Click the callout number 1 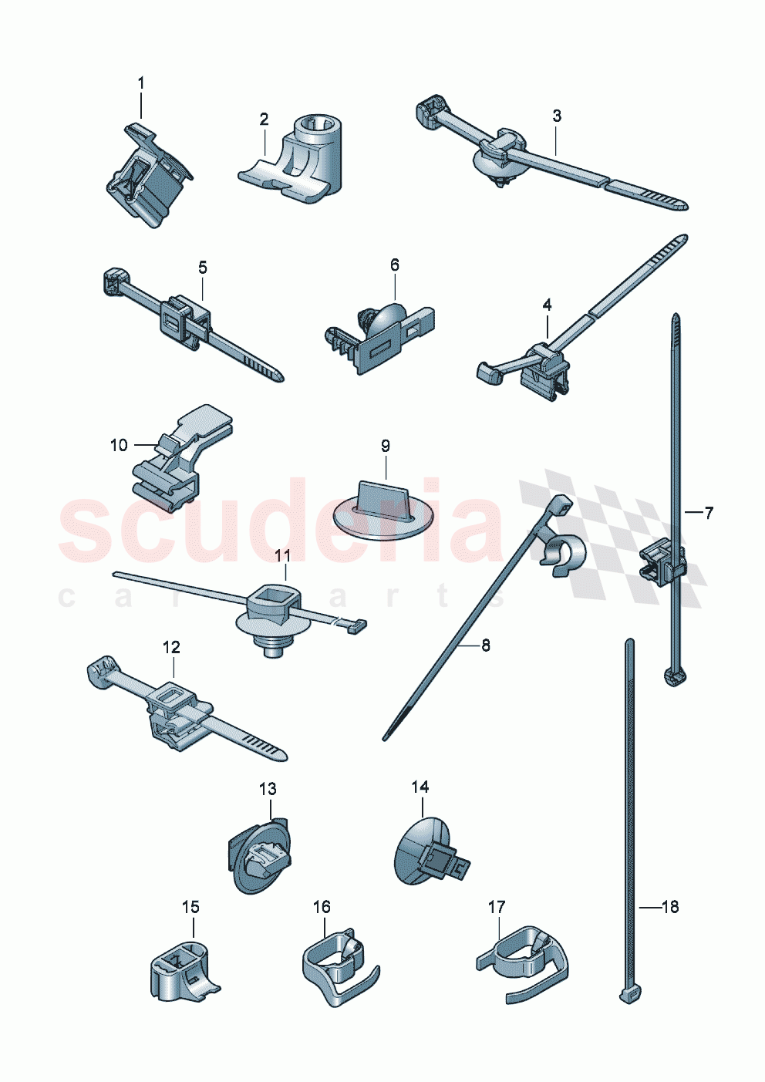pyautogui.click(x=141, y=83)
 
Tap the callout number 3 pyautogui.click(x=557, y=116)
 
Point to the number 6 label pyautogui.click(x=395, y=265)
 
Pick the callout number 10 pyautogui.click(x=118, y=445)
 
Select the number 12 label pyautogui.click(x=170, y=647)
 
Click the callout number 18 pyautogui.click(x=670, y=907)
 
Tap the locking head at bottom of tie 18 pyautogui.click(x=629, y=995)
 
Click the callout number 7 pyautogui.click(x=709, y=512)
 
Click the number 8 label pyautogui.click(x=485, y=645)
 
